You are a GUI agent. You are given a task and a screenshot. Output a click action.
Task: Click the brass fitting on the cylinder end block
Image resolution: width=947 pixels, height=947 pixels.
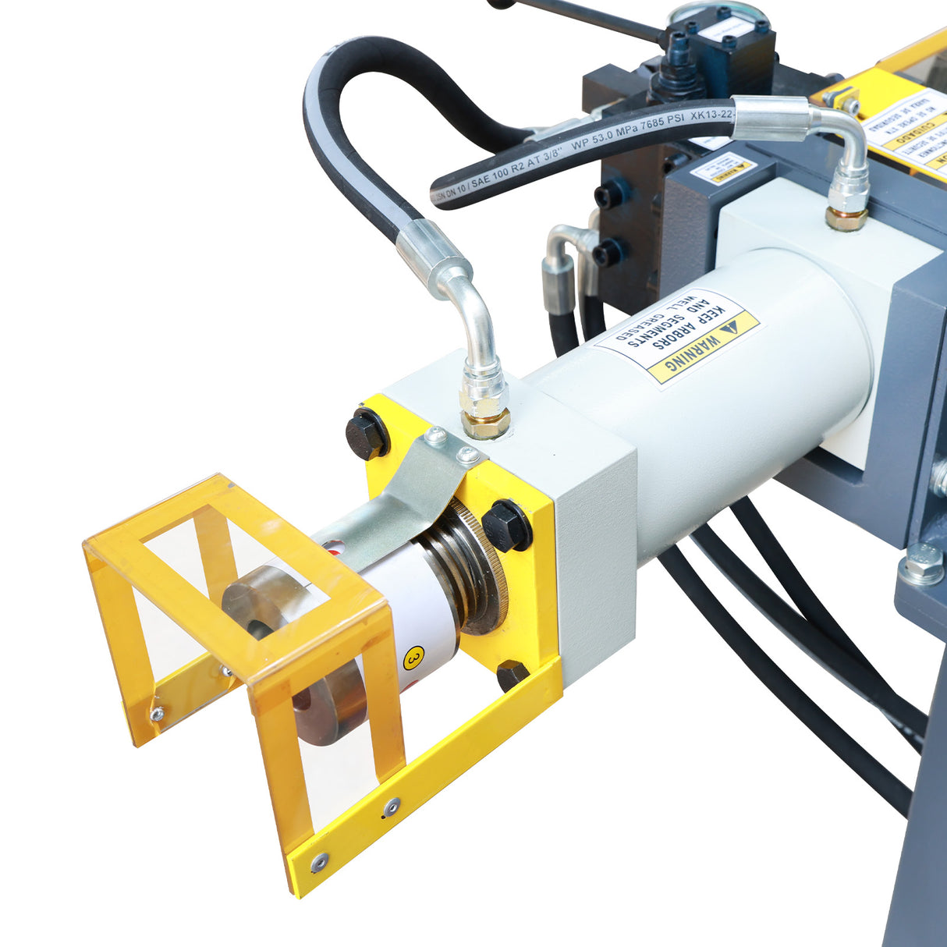point(485,422)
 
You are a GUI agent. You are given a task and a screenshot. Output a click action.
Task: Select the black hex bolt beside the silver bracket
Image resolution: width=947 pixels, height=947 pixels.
point(365,434)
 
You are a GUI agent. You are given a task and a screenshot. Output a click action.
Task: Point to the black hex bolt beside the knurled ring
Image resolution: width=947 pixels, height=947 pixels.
point(505,525)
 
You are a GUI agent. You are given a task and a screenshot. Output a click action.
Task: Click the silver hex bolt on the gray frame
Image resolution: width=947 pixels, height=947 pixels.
point(921,564)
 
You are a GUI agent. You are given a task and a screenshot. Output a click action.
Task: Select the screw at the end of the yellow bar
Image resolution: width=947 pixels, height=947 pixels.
point(318,862)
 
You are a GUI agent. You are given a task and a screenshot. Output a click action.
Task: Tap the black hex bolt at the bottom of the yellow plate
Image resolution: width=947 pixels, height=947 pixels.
point(511,674)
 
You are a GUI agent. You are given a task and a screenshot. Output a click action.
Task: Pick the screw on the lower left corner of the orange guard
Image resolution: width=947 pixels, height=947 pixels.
point(157,711)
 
